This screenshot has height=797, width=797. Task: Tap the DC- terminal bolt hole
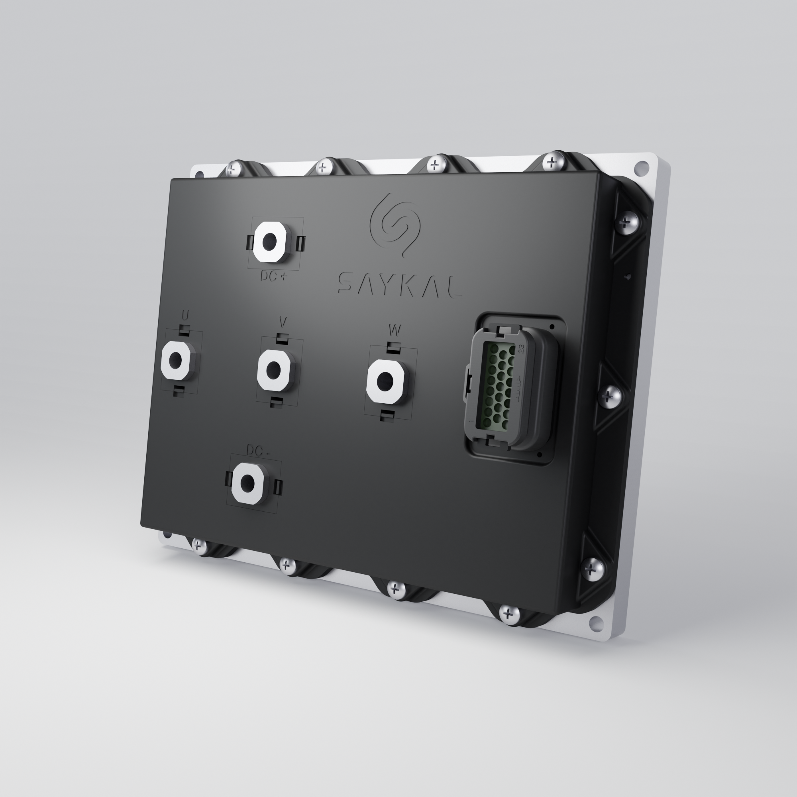pos(248,481)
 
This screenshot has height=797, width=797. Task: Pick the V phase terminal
pos(273,370)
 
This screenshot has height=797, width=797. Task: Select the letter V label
pos(283,321)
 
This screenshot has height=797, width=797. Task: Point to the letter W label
pos(395,330)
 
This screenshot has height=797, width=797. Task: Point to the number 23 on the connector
pos(521,349)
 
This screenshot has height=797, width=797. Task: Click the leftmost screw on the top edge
pos(232,169)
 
